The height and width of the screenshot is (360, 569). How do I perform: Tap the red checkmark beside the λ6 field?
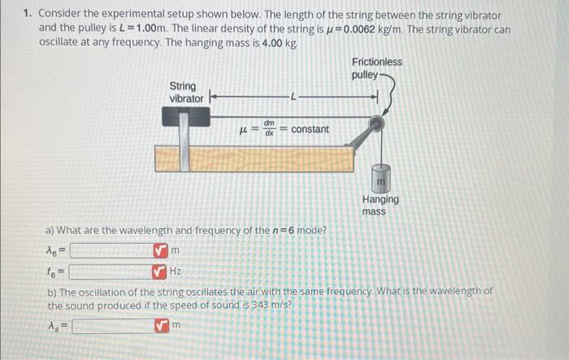pyautogui.click(x=159, y=250)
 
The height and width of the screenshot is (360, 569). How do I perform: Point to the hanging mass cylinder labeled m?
pyautogui.click(x=380, y=176)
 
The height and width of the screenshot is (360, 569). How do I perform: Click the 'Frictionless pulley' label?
pyautogui.click(x=376, y=68)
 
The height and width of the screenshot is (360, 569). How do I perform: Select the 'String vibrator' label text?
pyautogui.click(x=186, y=92)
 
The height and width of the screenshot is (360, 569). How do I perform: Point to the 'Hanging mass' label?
pyautogui.click(x=380, y=205)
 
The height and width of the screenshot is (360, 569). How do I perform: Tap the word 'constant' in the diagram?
pyautogui.click(x=310, y=129)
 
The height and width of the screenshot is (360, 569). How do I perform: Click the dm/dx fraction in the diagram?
pyautogui.click(x=267, y=129)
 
